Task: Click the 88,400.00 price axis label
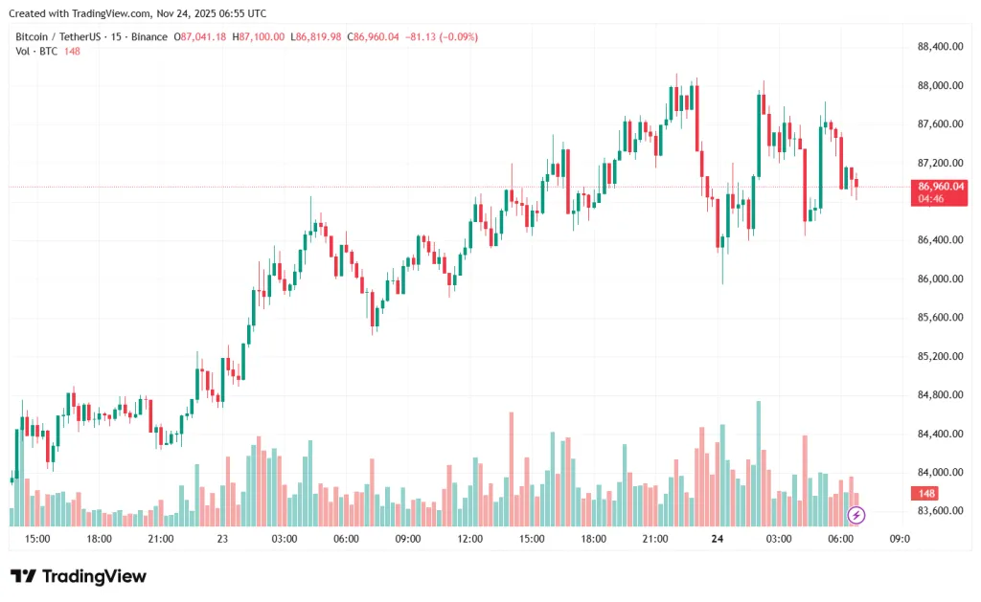click(x=940, y=46)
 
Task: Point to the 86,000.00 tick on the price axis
click(x=940, y=279)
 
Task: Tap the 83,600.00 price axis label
click(x=940, y=511)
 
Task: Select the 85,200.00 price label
click(x=940, y=356)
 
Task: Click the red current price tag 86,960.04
click(x=940, y=187)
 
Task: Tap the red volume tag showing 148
click(x=926, y=494)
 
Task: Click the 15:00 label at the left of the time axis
click(x=37, y=539)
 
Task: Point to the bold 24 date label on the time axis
click(x=717, y=539)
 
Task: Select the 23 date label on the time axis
click(x=222, y=539)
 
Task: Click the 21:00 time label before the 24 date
click(x=655, y=539)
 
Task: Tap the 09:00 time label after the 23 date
click(x=408, y=539)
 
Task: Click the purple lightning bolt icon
click(x=856, y=516)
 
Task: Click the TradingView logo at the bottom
click(x=79, y=576)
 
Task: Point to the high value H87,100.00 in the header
click(x=261, y=36)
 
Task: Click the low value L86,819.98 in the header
click(x=320, y=36)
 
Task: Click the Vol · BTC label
click(x=34, y=51)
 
